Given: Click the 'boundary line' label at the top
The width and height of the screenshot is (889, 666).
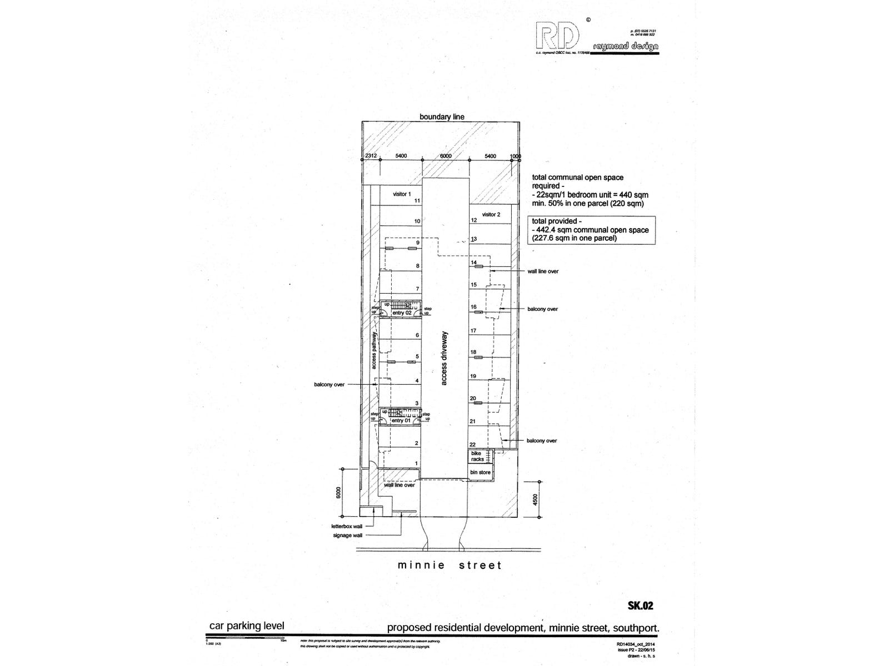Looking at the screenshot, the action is coord(442,117).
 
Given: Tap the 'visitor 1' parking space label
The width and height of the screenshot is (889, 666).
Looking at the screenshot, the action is coord(402,194).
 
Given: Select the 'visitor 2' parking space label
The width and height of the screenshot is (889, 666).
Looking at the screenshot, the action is coord(491,214).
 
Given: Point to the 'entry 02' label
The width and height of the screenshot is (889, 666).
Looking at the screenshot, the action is coord(401,313).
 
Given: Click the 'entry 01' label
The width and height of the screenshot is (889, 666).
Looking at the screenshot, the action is coord(401,421).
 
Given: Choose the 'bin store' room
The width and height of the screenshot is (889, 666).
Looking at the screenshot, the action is coord(481,472).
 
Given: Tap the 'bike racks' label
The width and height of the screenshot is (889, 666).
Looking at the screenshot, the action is coord(477,456).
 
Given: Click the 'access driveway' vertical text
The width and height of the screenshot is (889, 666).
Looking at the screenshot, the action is coord(444,358).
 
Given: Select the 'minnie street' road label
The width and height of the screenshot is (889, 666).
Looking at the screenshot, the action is coord(450,566).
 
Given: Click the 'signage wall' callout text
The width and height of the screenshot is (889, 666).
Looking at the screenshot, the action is coord(347,536).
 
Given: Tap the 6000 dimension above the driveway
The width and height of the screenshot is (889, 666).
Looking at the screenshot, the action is coord(446,156).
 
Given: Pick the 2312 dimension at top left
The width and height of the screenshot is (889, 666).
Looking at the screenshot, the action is coord(371,156).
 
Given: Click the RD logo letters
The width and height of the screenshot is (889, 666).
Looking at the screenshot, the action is coord(556,37).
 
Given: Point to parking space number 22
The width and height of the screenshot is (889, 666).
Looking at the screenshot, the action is coord(473,445).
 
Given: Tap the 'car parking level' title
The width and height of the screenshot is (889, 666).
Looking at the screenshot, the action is coord(246,626).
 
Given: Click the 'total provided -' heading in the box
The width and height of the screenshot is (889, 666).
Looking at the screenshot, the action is coord(554,221).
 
